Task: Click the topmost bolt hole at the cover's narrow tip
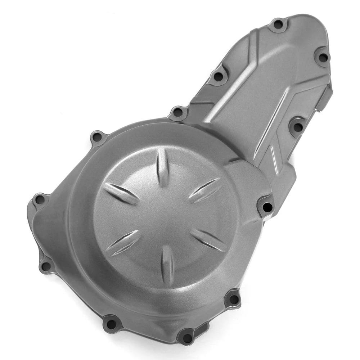278,24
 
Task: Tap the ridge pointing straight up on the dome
163,167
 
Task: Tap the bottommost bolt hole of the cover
187,338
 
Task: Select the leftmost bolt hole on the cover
40,199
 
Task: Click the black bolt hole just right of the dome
267,207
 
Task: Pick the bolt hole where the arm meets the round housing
178,112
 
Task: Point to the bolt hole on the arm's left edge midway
218,76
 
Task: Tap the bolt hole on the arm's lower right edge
297,127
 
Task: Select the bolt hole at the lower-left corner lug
46,266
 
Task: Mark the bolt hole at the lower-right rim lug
233,299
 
